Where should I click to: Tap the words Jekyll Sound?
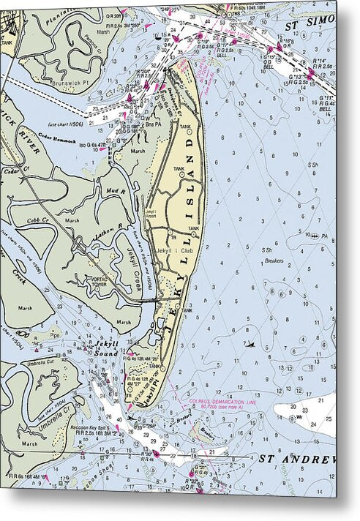point(102,348)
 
